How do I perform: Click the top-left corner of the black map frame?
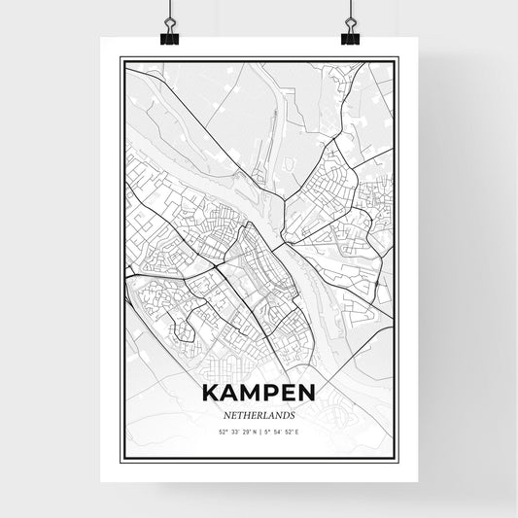tap(121, 58)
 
